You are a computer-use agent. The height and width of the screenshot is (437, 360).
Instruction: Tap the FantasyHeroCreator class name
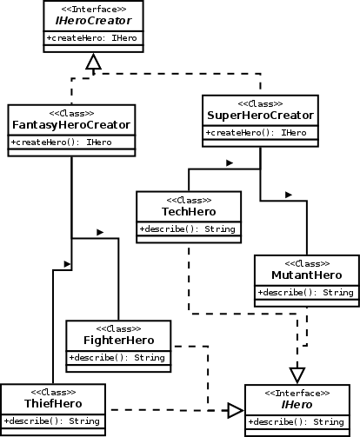tap(71, 126)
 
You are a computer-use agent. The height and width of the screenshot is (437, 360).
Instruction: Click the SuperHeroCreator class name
tap(260, 116)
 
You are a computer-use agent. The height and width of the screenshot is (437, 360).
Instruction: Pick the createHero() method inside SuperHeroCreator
tap(260, 132)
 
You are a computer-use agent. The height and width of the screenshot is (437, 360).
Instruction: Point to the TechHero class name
tap(190, 213)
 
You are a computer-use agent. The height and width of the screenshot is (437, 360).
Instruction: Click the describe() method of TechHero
tap(190, 229)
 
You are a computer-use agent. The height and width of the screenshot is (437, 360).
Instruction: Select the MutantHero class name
tap(306, 275)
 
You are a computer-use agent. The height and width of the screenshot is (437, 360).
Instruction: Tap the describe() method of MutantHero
tap(306, 292)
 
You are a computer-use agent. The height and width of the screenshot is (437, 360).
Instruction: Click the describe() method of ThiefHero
tap(52, 421)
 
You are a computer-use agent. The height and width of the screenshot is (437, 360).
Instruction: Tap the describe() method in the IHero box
tap(300, 422)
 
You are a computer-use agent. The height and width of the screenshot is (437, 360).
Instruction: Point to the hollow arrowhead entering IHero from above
tap(297, 374)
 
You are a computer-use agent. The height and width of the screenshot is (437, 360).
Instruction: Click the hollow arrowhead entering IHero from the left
tap(235, 409)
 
